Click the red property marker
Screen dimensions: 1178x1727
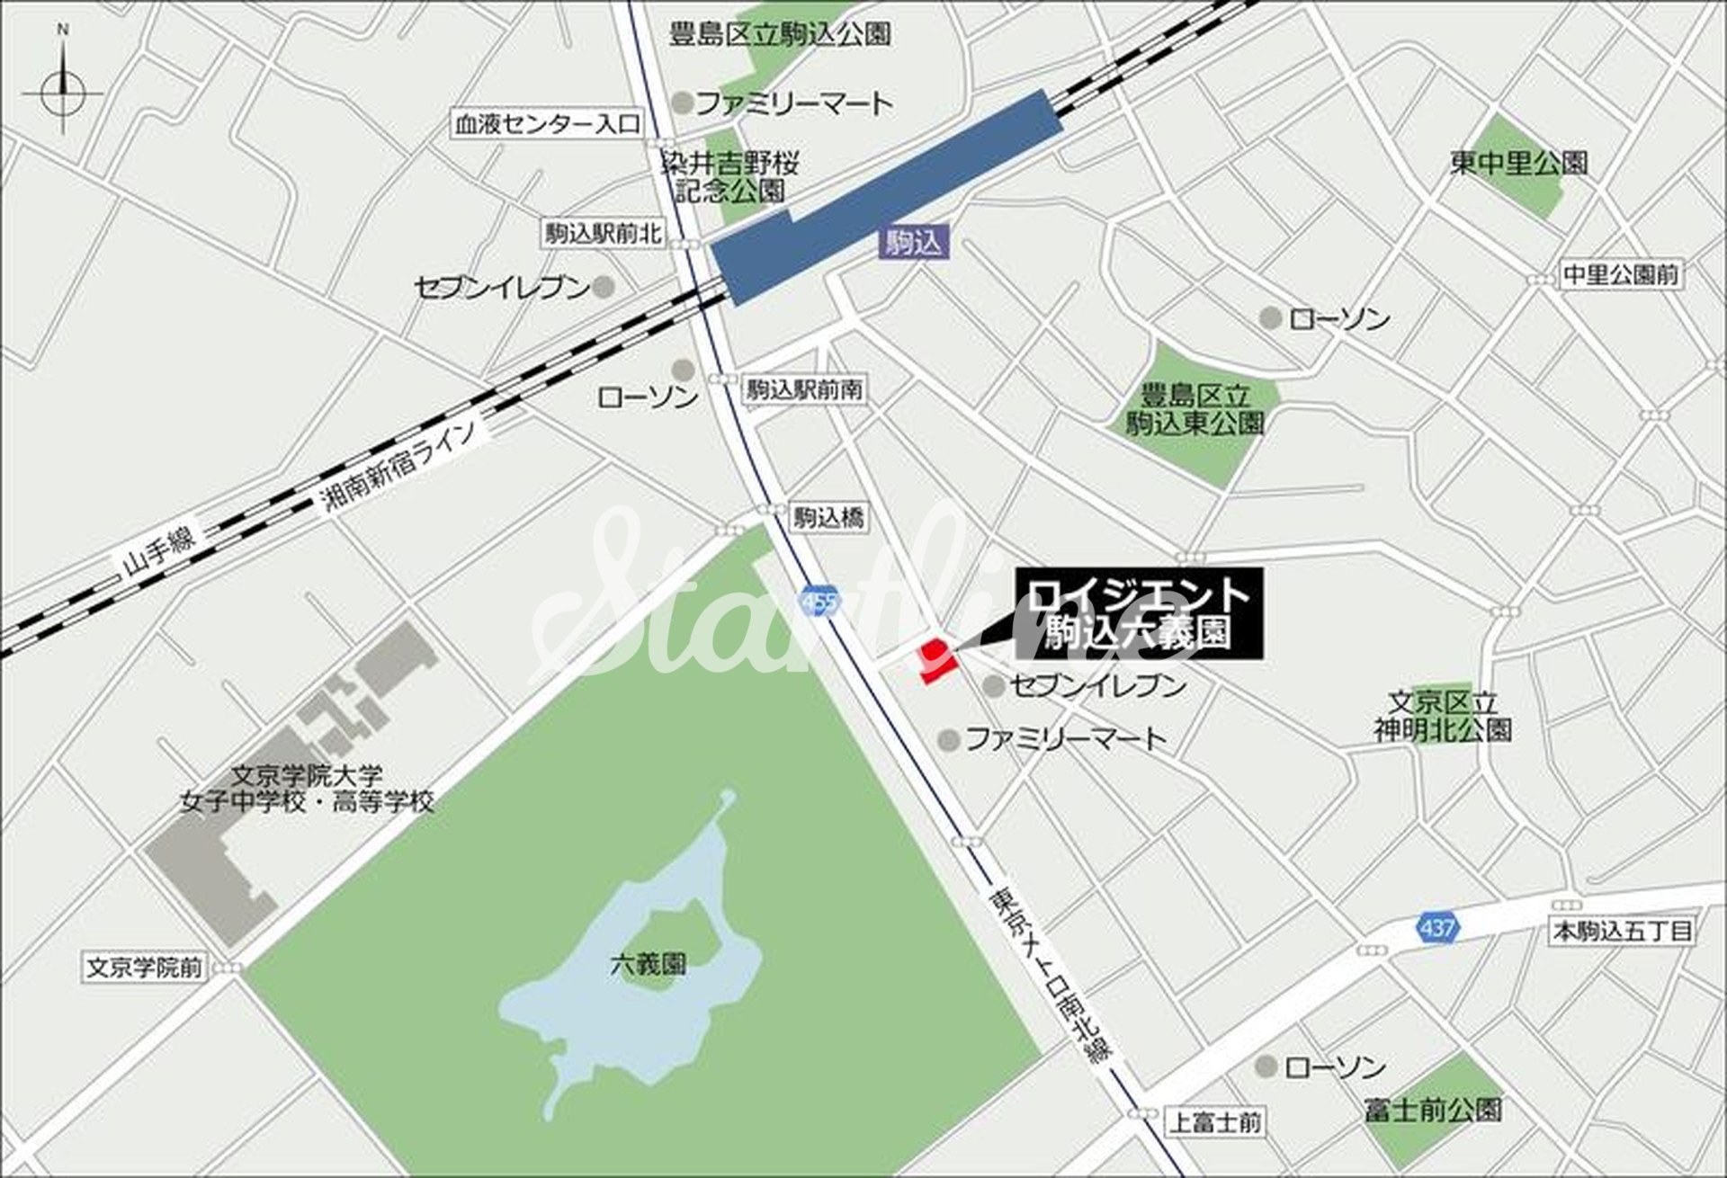click(x=935, y=661)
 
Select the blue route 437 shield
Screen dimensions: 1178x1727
click(x=1436, y=926)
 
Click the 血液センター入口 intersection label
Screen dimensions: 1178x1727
click(x=547, y=124)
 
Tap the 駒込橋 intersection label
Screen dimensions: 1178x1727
click(x=828, y=517)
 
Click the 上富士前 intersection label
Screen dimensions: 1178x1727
click(x=1214, y=1121)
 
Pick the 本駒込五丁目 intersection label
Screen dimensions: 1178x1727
click(x=1623, y=931)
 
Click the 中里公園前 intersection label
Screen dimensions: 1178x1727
click(x=1620, y=274)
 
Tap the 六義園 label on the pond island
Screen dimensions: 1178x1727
click(x=648, y=965)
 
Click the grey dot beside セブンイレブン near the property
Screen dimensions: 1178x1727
click(x=993, y=686)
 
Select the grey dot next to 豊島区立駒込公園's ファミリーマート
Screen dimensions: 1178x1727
click(x=683, y=103)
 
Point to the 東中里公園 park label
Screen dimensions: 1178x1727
click(x=1518, y=163)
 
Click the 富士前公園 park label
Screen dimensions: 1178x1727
click(x=1432, y=1110)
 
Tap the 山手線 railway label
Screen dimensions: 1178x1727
click(x=159, y=548)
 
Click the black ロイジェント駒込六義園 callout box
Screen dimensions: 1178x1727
click(x=1139, y=613)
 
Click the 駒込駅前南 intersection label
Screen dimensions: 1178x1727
click(x=804, y=389)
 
